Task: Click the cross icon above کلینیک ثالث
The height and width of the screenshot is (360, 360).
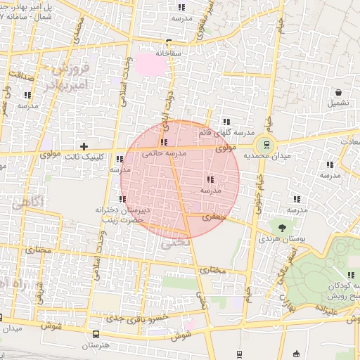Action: pos(84,146)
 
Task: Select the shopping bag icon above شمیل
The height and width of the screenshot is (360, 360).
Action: pos(339,92)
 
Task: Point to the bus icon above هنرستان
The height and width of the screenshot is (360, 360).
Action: pos(96,334)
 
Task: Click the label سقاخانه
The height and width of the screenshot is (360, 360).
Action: pos(168,53)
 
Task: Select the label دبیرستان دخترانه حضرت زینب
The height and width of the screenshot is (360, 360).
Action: pos(120,214)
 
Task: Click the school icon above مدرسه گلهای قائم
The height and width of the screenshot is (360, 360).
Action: pos(226,121)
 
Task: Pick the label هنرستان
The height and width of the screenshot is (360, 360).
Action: pos(96,346)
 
